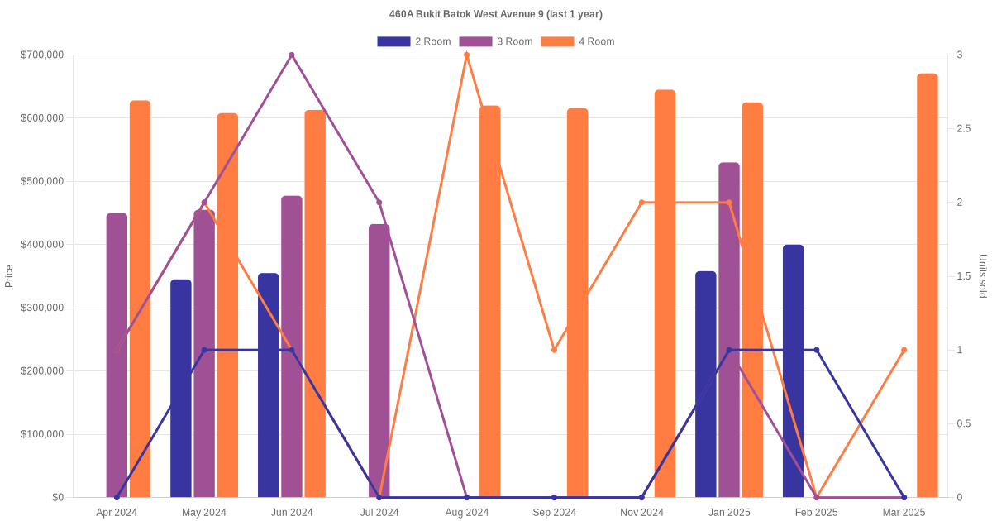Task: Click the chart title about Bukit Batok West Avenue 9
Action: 496,14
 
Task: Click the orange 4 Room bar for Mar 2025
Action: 928,285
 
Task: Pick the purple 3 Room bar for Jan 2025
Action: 729,330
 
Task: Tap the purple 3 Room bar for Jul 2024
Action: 379,361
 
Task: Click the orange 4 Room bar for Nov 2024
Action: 665,294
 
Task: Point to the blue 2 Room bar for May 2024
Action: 181,388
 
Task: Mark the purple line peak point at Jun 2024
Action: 292,55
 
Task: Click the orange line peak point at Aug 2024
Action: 467,55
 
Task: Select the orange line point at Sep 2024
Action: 554,350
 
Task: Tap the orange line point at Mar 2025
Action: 904,350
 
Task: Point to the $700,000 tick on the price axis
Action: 42,55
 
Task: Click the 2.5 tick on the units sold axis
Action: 962,129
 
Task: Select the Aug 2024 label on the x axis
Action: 467,513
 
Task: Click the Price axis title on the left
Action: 9,276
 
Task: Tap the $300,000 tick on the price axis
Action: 42,308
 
